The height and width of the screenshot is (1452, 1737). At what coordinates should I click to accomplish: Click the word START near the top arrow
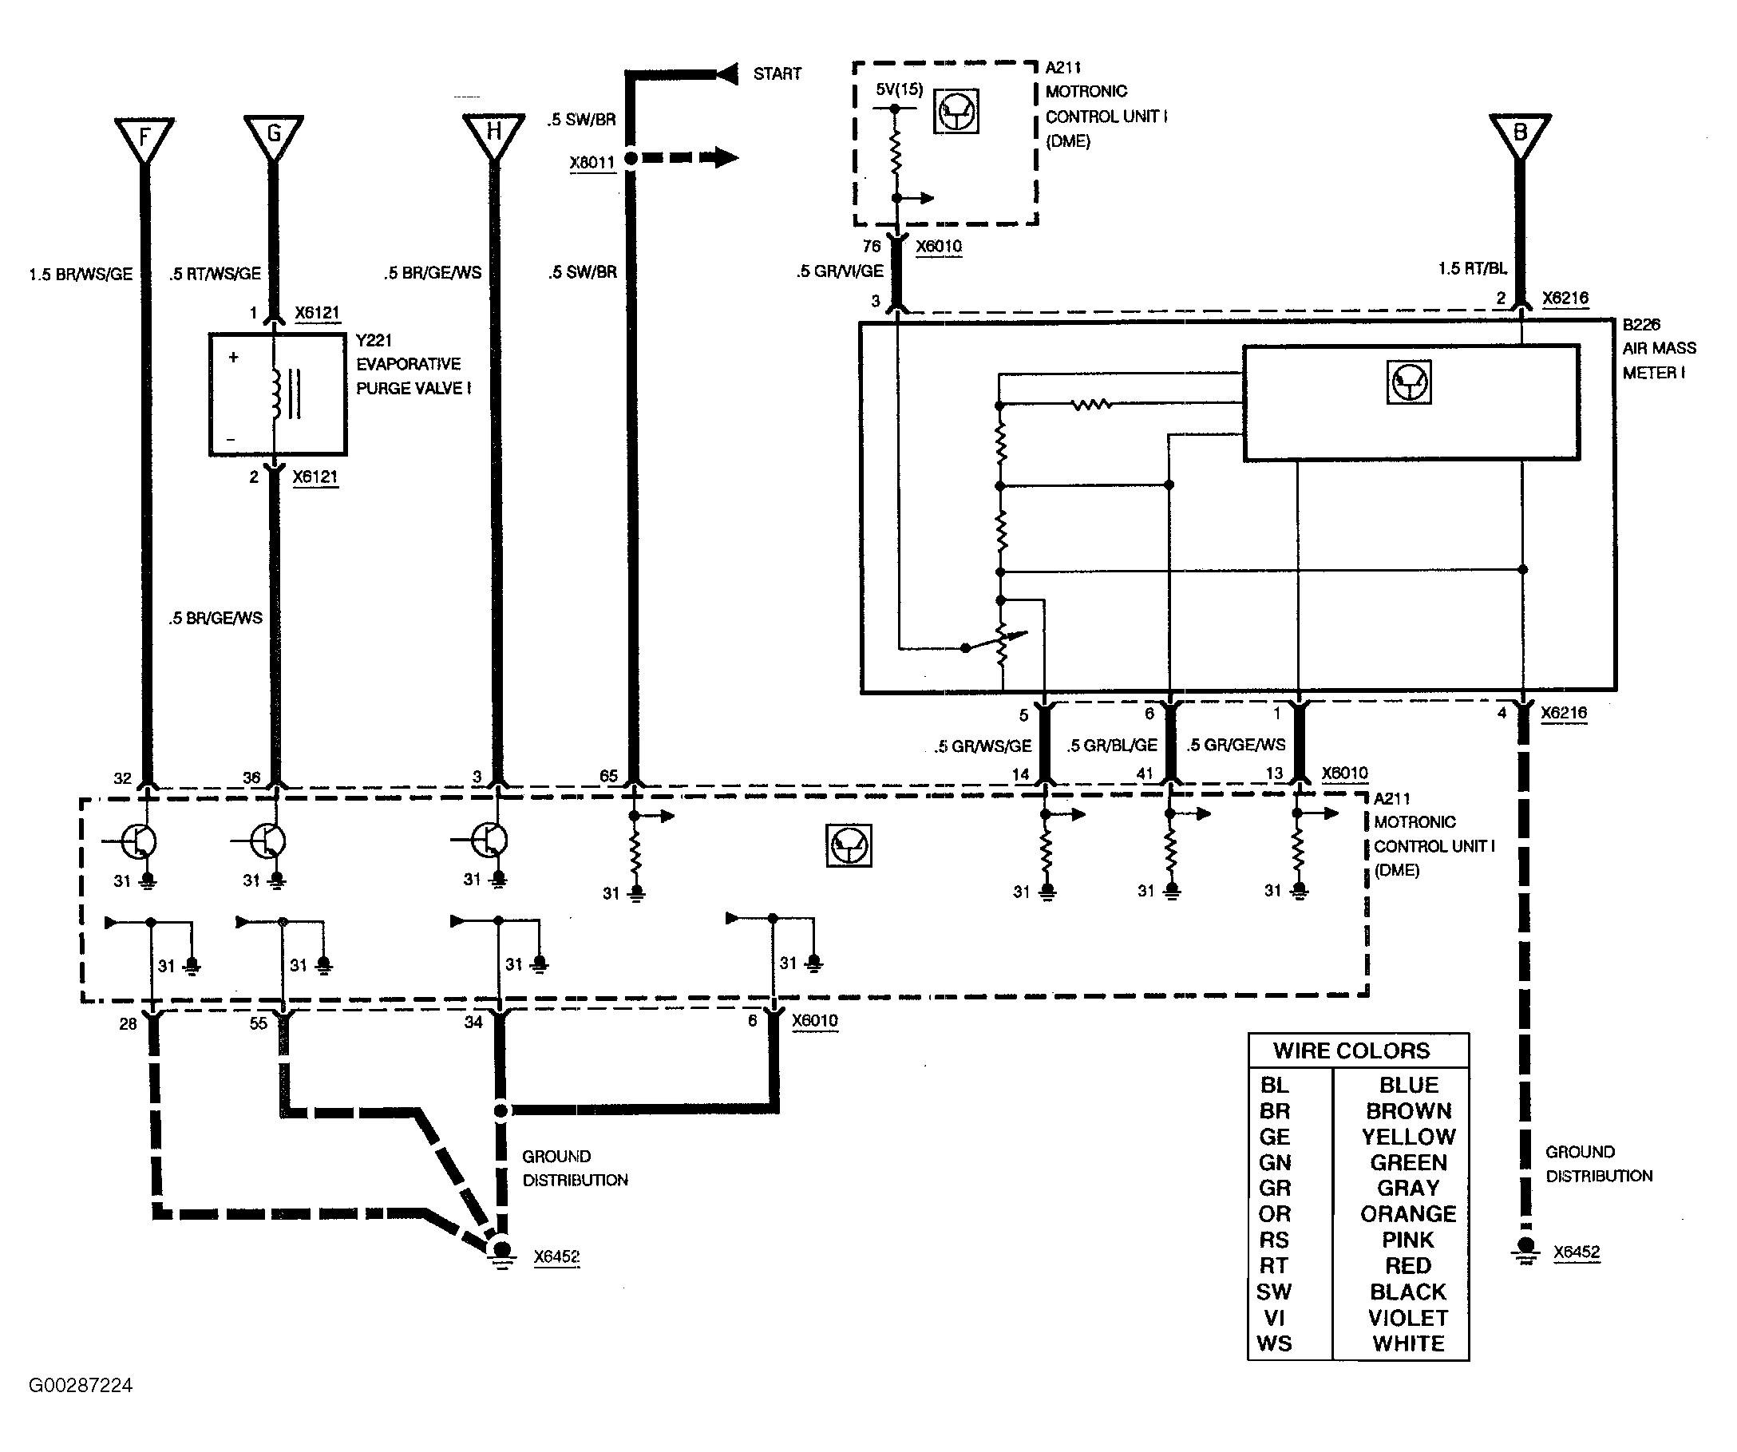(777, 73)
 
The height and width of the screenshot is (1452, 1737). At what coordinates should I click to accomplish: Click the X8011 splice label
(592, 162)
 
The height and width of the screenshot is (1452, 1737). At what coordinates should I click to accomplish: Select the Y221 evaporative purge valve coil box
(277, 394)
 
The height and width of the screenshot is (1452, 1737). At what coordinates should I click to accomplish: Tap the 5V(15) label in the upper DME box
(899, 89)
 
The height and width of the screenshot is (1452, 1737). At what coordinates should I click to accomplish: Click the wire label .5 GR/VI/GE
(840, 271)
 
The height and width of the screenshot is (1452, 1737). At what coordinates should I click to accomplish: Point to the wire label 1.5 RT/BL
(1472, 269)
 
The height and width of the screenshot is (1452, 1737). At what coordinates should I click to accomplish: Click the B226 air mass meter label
(1658, 348)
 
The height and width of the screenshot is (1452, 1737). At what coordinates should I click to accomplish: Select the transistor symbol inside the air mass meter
(1408, 382)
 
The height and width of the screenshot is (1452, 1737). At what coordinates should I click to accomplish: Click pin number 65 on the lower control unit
(609, 776)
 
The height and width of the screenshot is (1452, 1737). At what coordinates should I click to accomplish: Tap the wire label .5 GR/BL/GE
(1111, 746)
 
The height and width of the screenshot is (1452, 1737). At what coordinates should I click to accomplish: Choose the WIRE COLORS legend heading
(1351, 1050)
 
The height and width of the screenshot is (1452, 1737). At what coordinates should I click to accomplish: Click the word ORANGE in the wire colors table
(1408, 1213)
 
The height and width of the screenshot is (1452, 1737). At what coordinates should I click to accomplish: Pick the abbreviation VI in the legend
(1274, 1318)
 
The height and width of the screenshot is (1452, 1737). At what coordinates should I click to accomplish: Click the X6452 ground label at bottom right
(1576, 1252)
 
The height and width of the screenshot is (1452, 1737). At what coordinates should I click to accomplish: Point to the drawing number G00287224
(81, 1385)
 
